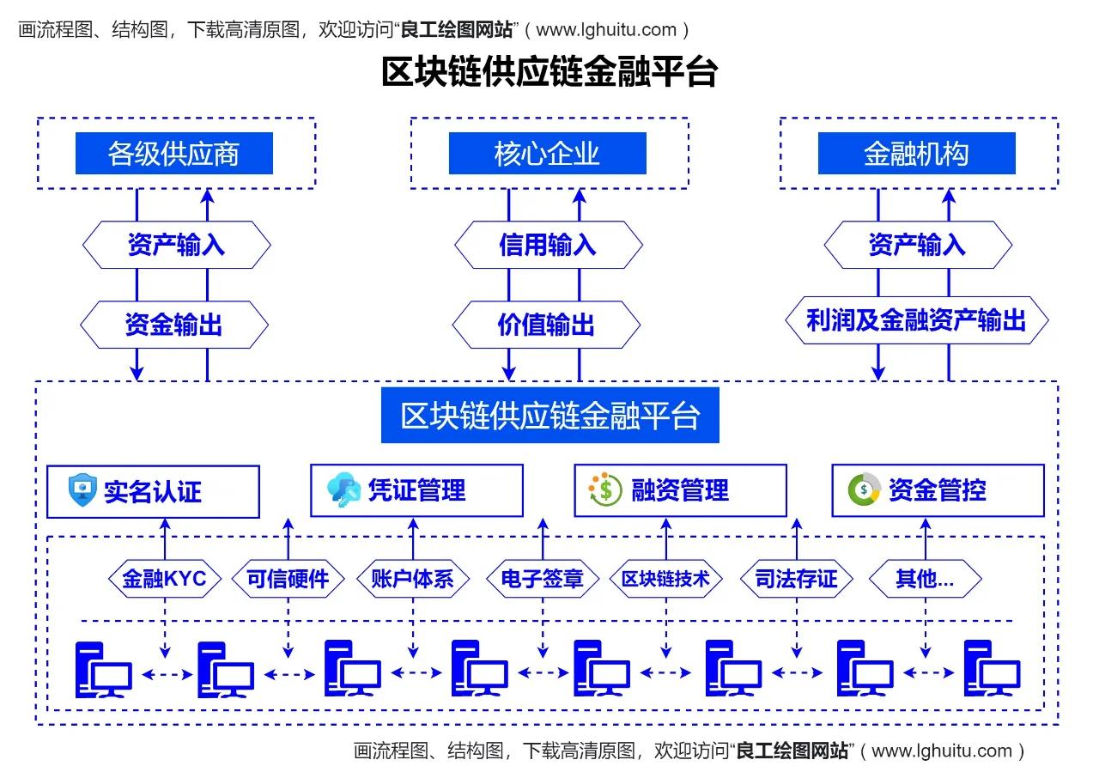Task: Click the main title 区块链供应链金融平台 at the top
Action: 549,72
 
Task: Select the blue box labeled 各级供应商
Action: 173,154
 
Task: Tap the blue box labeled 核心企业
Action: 547,154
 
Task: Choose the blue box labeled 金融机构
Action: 916,154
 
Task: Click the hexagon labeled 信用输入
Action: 548,246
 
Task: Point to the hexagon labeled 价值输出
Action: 546,325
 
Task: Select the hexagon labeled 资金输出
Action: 174,325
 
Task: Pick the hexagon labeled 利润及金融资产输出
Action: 916,320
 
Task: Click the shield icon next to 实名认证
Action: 82,490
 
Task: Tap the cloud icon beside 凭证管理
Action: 343,490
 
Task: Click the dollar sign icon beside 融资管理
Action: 605,489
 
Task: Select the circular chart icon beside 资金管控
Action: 864,489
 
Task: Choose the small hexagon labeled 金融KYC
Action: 165,579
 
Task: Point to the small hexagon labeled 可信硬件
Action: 288,579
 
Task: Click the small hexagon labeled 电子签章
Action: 543,579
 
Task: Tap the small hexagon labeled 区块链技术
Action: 666,579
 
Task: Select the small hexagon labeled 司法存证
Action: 796,579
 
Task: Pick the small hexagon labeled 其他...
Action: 925,579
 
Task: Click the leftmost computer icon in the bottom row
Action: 103,669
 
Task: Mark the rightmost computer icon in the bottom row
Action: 992,669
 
